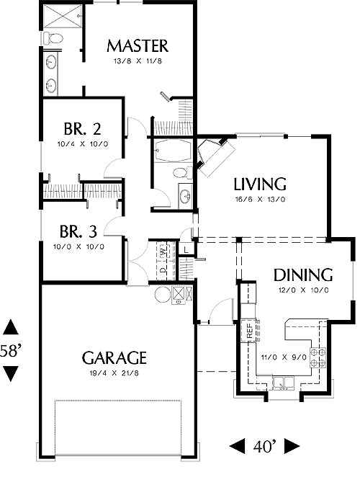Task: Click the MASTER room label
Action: click(x=138, y=46)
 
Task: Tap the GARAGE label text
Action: click(x=114, y=357)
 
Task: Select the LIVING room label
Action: click(x=260, y=184)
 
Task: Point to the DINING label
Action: click(x=303, y=275)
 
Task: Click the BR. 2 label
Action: click(x=82, y=129)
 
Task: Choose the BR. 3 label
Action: click(x=78, y=231)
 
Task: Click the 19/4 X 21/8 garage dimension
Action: click(x=114, y=373)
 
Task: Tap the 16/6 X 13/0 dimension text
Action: click(x=260, y=200)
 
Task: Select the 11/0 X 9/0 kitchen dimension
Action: click(x=284, y=357)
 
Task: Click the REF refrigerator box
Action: click(x=249, y=331)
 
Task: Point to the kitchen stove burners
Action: click(x=318, y=357)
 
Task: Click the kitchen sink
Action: click(x=284, y=383)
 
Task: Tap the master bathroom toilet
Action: click(x=53, y=38)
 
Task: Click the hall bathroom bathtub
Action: click(x=172, y=151)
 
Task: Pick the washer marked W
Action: click(x=163, y=251)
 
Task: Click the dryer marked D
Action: click(x=163, y=270)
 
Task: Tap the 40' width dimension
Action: click(x=264, y=446)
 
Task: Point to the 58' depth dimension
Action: click(x=10, y=351)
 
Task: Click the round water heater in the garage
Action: click(x=163, y=294)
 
